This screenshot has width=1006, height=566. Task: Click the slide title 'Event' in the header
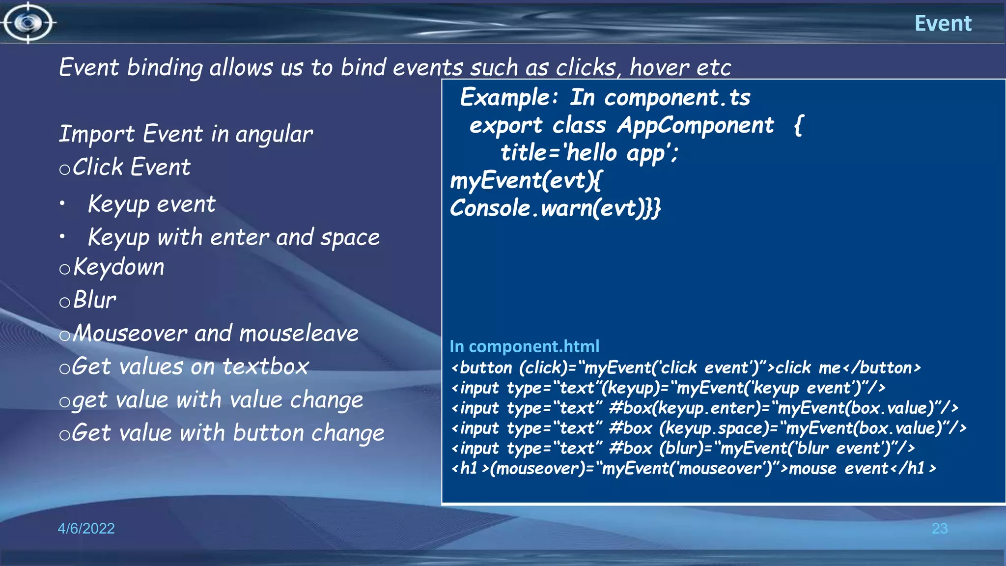(x=943, y=23)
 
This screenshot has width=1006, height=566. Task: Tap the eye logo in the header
(x=28, y=23)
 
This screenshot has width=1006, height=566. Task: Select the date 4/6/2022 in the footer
(x=86, y=528)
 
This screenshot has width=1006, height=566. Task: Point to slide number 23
(x=939, y=529)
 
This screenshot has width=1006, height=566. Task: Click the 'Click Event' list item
(x=131, y=167)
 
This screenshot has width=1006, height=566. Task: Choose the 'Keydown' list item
(x=118, y=267)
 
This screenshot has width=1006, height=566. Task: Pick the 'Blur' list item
(x=94, y=300)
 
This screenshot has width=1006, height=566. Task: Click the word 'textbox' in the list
(x=265, y=367)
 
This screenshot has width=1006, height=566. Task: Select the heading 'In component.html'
(x=524, y=346)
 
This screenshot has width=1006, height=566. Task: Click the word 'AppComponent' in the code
(x=695, y=125)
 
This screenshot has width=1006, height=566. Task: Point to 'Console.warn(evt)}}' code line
(x=555, y=208)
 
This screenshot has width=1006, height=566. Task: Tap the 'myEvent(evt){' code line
(x=526, y=181)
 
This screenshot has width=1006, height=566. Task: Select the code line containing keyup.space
(x=708, y=428)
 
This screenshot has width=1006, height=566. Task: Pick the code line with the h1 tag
(x=693, y=469)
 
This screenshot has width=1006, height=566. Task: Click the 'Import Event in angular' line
(x=186, y=134)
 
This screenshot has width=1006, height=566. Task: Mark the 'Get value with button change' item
(x=227, y=433)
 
